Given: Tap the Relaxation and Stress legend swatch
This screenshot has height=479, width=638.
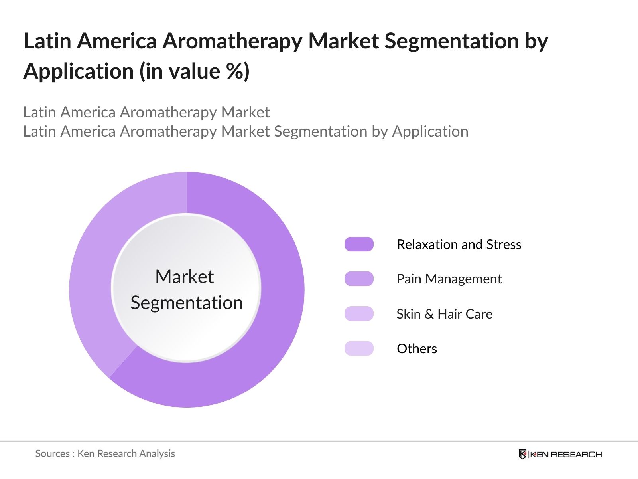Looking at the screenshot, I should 359,244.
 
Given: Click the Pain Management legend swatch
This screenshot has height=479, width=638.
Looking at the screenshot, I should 359,279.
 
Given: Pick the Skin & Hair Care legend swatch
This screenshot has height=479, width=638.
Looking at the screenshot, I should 359,314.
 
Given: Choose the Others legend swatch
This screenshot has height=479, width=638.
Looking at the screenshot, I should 359,348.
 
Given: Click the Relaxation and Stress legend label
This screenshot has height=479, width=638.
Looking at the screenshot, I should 459,244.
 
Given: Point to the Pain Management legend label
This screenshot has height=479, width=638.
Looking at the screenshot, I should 449,279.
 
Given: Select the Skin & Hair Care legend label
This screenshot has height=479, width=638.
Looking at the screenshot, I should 444,314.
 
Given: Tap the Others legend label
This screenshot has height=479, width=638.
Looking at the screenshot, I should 417,348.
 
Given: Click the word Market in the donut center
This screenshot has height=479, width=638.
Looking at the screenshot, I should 184,277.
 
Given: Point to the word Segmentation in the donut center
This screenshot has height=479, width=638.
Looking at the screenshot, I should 187,303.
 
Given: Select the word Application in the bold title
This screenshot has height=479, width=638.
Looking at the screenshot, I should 79,72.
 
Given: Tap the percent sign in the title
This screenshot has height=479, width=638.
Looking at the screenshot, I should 234,72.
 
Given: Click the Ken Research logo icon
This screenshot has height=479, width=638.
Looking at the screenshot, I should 522,454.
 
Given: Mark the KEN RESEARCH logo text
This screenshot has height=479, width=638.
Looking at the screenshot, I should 566,454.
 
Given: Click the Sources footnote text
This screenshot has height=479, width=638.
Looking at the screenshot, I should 105,453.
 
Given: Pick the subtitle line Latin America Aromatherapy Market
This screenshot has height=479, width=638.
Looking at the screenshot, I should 146,112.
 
